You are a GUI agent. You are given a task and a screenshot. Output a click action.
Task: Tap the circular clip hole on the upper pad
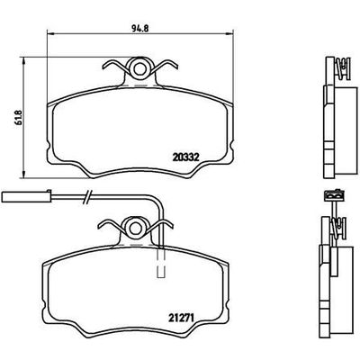[138, 67]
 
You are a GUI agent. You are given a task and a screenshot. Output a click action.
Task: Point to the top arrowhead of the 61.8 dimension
[20, 60]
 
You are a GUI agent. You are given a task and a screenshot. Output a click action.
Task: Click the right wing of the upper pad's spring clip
[161, 68]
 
